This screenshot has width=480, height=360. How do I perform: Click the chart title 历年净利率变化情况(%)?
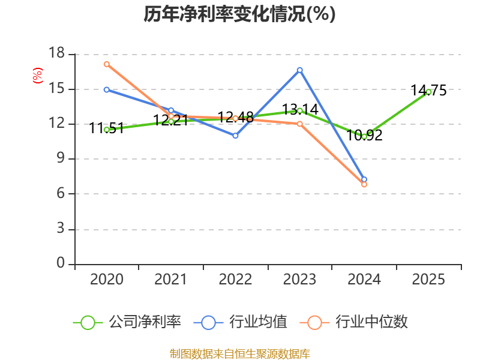[239, 14]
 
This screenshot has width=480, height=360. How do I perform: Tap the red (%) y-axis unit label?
[38, 76]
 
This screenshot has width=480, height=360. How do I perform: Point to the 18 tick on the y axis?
[57, 53]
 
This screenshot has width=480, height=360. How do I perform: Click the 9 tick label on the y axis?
[61, 158]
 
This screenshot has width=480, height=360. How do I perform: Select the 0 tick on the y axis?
[61, 263]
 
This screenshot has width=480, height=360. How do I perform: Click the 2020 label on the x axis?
[107, 279]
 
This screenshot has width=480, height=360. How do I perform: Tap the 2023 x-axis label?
[299, 279]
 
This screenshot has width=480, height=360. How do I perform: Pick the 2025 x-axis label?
[428, 279]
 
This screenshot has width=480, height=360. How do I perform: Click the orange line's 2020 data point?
[107, 64]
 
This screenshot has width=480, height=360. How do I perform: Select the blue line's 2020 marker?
[107, 89]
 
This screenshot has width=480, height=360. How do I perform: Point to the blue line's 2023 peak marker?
[299, 70]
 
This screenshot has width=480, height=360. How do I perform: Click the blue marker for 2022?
[235, 136]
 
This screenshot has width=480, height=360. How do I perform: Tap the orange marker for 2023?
[299, 124]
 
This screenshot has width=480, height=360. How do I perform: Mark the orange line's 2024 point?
[364, 185]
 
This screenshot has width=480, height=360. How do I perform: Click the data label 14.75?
[428, 91]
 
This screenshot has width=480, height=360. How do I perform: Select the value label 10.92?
[364, 136]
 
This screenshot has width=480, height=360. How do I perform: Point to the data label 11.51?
[107, 128]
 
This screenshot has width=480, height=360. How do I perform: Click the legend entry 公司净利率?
[127, 322]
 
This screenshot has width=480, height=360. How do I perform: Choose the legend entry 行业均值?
[241, 322]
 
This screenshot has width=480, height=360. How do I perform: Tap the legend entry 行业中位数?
[354, 322]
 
